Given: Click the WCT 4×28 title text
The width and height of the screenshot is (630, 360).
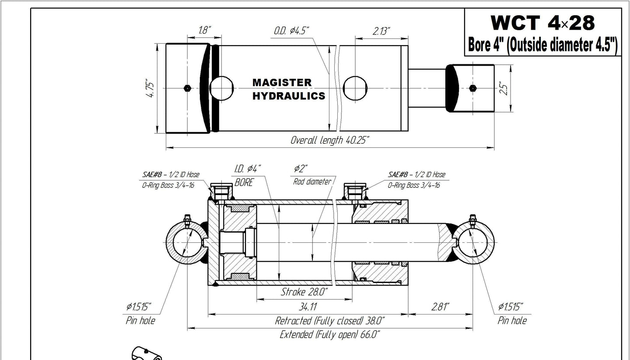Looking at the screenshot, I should [x=542, y=23].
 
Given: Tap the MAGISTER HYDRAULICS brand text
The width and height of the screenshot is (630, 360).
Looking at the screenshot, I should [x=289, y=89].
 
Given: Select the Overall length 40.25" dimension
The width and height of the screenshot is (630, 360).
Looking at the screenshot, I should [x=330, y=140].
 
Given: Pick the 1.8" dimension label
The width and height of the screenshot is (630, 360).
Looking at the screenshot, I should [x=204, y=31].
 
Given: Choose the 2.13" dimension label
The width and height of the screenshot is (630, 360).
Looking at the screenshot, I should [x=381, y=31].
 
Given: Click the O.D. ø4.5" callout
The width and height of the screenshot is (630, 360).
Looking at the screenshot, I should [x=292, y=31].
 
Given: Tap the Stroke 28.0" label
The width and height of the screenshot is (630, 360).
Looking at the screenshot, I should [x=304, y=292].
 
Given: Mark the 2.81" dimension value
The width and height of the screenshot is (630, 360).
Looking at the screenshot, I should [x=440, y=307].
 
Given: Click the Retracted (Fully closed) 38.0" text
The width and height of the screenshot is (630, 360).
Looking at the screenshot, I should [x=329, y=321].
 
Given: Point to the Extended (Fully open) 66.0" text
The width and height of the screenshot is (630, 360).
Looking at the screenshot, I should [x=329, y=335].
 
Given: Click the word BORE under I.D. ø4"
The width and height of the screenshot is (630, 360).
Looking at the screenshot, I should [x=244, y=182].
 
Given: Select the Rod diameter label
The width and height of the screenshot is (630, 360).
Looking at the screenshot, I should [x=312, y=182].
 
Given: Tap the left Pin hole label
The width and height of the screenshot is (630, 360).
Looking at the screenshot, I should [x=140, y=321].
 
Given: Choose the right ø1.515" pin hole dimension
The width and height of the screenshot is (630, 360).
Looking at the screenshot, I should [x=511, y=307].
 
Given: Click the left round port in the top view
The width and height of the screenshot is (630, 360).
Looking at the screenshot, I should [x=222, y=88].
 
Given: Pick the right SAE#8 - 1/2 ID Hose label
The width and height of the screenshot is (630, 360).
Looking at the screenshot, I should [x=416, y=175].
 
